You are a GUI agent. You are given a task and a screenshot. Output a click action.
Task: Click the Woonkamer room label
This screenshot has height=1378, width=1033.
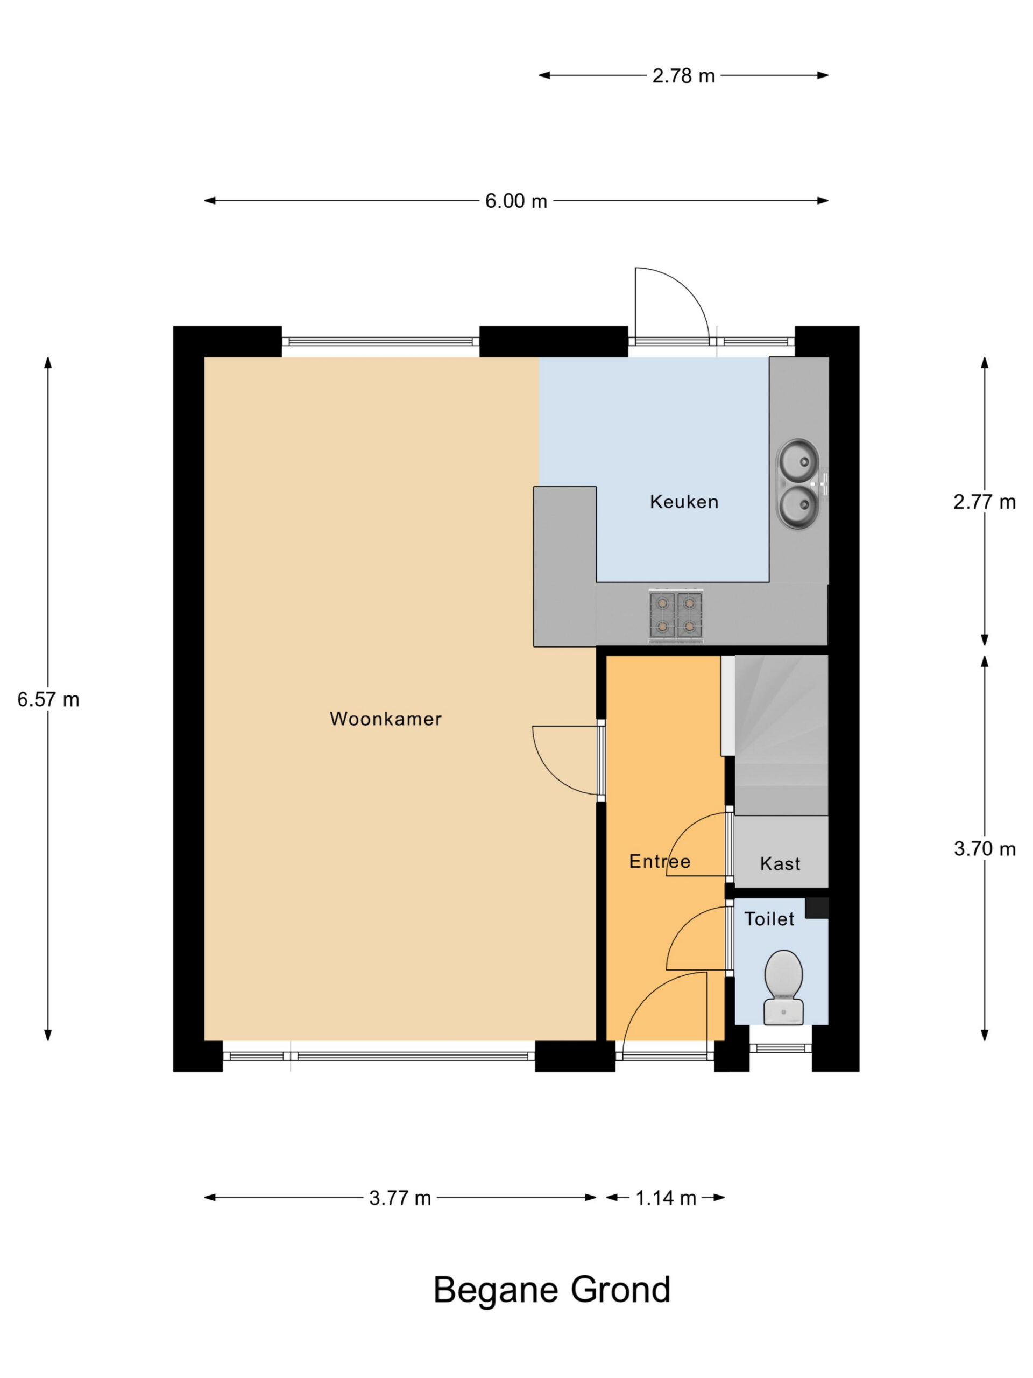click(x=385, y=719)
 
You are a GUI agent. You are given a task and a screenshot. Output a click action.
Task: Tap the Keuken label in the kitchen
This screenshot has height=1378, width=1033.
click(x=684, y=502)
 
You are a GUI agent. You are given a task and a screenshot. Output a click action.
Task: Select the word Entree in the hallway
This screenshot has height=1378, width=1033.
click(x=660, y=862)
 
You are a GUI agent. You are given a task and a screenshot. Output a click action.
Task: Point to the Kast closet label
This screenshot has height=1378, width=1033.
click(x=780, y=863)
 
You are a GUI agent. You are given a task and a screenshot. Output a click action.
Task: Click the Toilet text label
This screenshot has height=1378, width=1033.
click(x=769, y=919)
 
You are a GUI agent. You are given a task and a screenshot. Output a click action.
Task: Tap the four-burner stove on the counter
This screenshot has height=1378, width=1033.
click(x=676, y=615)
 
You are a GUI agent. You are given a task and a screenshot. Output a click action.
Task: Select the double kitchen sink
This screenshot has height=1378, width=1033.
click(x=801, y=484)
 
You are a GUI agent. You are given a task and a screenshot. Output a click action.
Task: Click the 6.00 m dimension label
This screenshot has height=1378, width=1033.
click(x=516, y=201)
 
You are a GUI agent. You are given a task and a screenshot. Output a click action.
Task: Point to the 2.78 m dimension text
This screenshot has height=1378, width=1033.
click(x=683, y=76)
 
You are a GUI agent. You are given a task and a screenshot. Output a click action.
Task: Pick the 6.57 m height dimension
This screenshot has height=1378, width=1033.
click(x=48, y=700)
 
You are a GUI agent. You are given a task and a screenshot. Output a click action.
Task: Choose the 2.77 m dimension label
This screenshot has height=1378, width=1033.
click(x=985, y=502)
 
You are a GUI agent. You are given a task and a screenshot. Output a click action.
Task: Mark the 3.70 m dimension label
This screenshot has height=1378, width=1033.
click(x=985, y=848)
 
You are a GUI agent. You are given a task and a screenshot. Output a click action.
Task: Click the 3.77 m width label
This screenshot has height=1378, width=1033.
click(x=400, y=1198)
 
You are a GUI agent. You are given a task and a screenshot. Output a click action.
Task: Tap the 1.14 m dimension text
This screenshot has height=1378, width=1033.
click(x=666, y=1198)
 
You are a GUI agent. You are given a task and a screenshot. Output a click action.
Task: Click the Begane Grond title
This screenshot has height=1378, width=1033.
click(x=551, y=1290)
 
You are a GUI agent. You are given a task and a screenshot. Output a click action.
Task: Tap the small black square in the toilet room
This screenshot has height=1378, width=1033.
click(x=817, y=908)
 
